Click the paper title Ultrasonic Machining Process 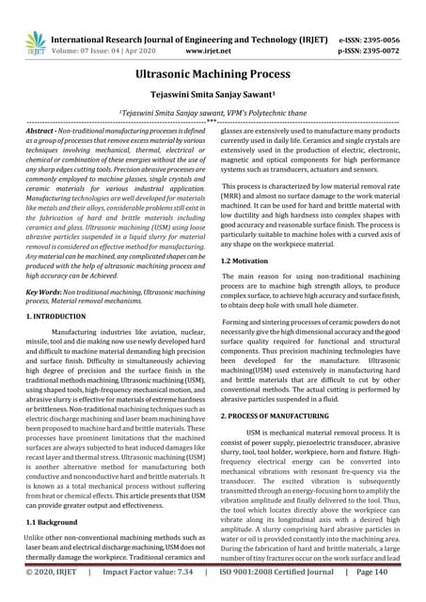tap(213, 71)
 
